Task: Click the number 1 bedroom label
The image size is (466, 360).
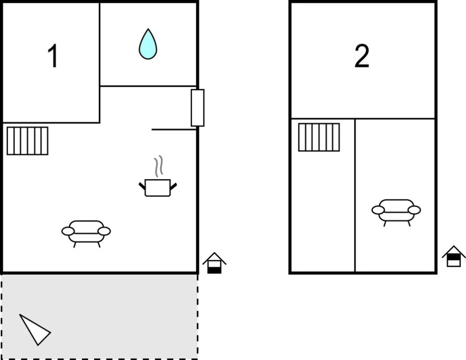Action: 53,56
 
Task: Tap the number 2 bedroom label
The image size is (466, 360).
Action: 362,56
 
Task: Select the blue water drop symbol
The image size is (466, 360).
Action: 148,44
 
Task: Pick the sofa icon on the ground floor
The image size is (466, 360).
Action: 86,233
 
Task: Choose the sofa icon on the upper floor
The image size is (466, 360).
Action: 396,212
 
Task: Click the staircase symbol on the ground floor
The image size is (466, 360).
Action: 27,141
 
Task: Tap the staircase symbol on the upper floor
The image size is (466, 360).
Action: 319,137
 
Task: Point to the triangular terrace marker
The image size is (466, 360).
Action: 35,330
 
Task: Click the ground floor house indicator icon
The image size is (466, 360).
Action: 215,263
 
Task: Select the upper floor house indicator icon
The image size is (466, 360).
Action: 453,256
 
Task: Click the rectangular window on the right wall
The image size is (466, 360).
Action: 198,108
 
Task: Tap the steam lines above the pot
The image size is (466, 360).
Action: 159,166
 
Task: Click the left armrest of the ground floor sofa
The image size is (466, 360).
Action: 68,231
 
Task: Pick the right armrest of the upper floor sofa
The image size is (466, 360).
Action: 414,210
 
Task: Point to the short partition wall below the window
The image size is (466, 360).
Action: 174,130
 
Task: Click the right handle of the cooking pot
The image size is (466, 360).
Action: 174,186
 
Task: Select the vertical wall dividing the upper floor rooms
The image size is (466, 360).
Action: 355,195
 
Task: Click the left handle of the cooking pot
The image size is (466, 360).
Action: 142,186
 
